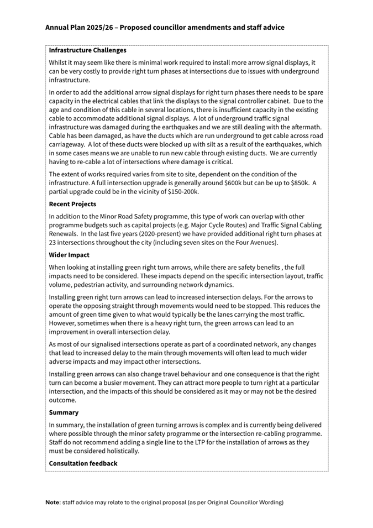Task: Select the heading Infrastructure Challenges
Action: point(87,50)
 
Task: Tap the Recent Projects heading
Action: point(72,204)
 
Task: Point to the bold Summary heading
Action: point(64,412)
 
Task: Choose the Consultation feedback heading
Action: point(83,463)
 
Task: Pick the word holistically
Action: point(120,451)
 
